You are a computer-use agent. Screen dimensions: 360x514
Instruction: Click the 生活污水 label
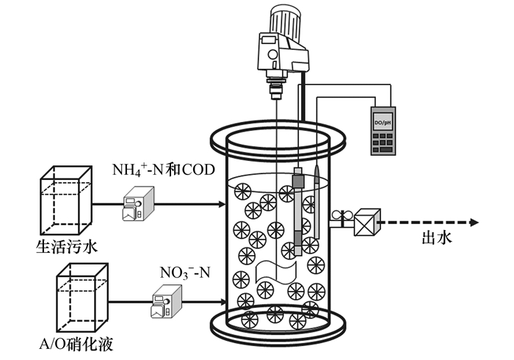click(x=65, y=244)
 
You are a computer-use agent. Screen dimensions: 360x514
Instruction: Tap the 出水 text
click(x=436, y=237)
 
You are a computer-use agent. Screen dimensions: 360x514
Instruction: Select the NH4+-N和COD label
click(x=162, y=171)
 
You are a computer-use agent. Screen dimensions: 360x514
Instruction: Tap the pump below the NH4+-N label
click(x=139, y=204)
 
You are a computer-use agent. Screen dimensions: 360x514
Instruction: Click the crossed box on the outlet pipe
click(x=366, y=222)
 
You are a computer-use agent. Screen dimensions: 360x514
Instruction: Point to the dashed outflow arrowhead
click(x=474, y=222)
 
